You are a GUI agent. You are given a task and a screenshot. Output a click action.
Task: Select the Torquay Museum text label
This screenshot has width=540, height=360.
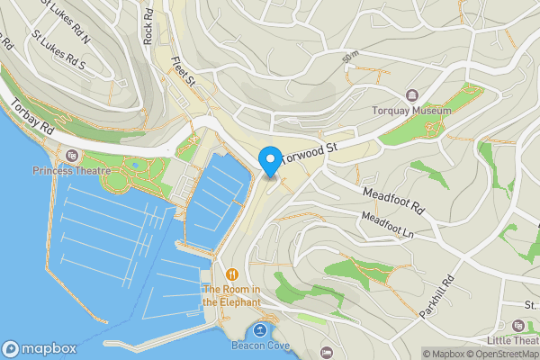411,112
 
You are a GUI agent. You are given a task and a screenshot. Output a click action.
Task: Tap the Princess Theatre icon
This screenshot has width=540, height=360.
70,156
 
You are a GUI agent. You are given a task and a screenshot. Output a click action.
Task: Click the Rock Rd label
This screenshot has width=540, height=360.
148,27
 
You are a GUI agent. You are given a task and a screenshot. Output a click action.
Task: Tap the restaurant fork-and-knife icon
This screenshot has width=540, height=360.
233,274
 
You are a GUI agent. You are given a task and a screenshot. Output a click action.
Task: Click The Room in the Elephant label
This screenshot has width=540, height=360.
232,295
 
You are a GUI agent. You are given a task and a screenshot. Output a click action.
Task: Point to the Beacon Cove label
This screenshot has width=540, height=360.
259,346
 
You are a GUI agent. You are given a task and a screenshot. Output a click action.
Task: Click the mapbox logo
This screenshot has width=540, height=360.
40,349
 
